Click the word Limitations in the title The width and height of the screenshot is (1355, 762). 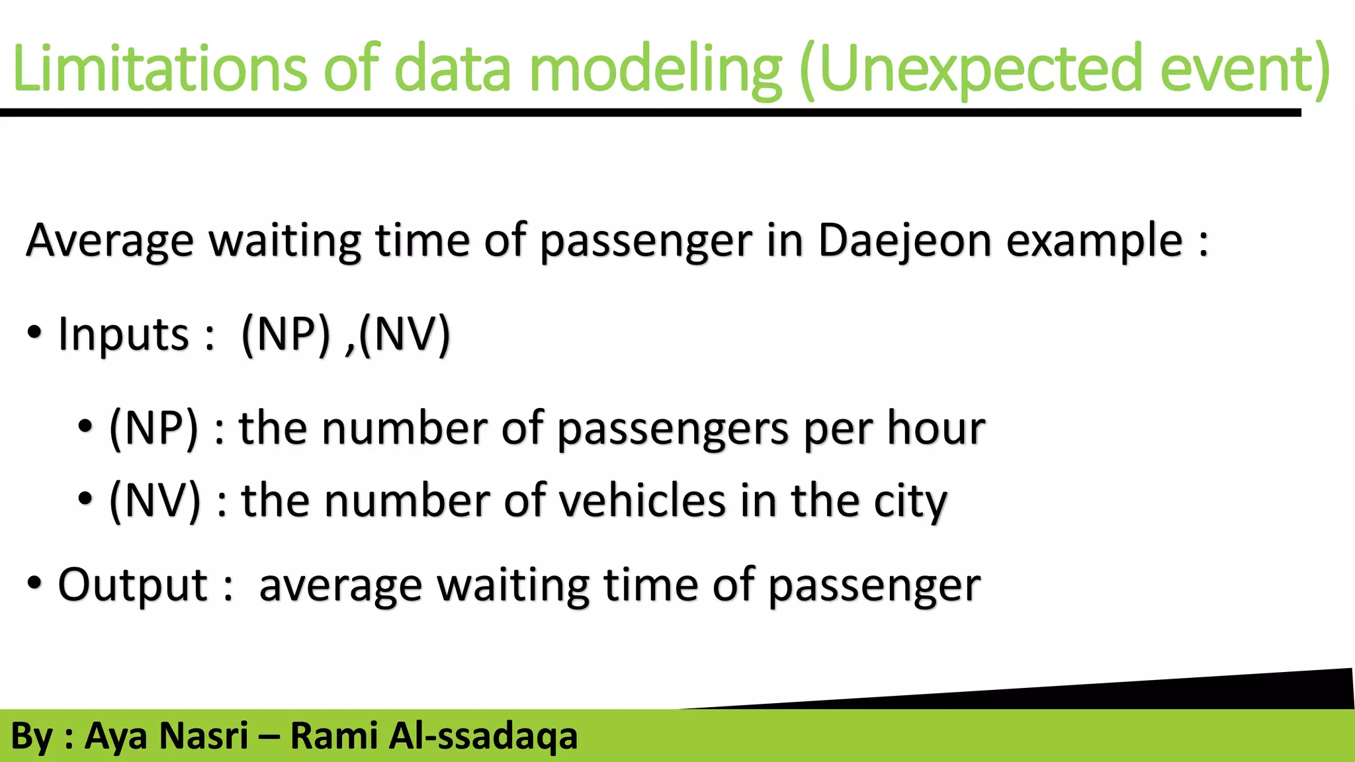(159, 68)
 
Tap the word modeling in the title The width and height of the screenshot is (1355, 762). (655, 68)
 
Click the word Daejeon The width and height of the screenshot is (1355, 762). (904, 239)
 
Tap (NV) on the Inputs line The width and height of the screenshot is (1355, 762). (404, 334)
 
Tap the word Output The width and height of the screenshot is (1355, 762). (133, 585)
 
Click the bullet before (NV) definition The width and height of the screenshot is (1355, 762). (85, 499)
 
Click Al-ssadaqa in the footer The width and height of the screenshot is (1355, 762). (483, 736)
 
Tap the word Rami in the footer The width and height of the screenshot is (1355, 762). (333, 736)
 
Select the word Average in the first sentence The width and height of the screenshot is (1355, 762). (110, 241)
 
